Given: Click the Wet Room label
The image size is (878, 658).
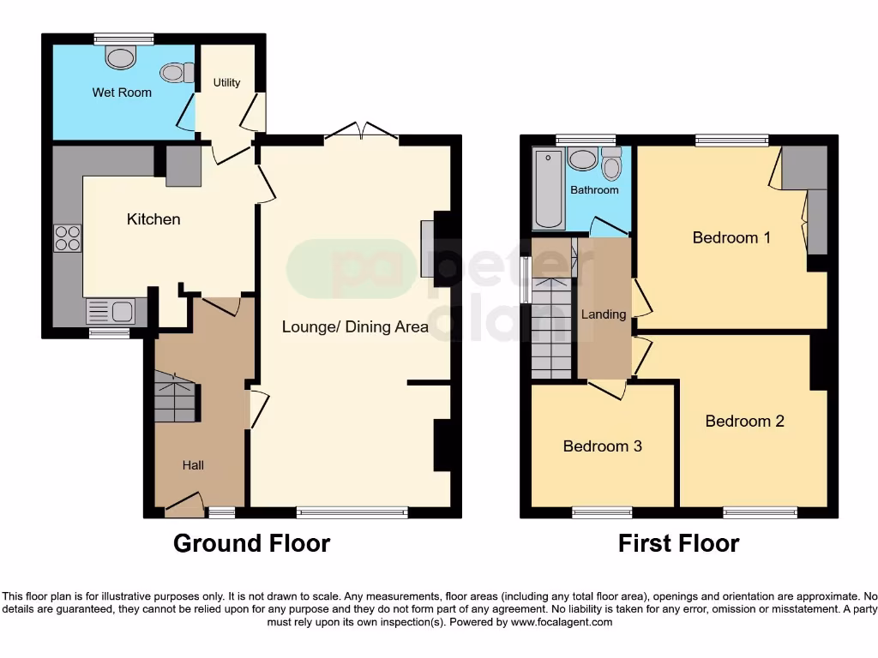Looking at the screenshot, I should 122,93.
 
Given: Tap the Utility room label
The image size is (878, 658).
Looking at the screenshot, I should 226,83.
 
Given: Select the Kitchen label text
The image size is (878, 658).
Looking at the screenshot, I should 153,219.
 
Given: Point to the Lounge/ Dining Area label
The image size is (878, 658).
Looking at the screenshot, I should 355,326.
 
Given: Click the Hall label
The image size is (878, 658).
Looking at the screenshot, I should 193,465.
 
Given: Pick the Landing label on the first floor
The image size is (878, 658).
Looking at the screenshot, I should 604,314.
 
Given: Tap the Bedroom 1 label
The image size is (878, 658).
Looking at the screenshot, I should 731,237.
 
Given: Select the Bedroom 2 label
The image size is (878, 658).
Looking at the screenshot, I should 744,421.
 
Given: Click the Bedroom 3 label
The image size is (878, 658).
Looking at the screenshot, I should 602,446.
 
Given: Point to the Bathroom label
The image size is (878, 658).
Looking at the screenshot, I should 594,190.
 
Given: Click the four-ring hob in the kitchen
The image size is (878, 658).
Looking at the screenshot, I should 68,237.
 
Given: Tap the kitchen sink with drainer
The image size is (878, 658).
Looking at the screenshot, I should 109,311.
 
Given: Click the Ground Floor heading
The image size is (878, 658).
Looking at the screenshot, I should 251,543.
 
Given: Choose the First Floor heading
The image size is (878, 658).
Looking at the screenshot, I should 678,543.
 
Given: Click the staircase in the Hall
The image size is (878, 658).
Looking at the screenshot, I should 176,398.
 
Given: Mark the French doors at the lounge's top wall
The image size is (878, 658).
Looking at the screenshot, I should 362,132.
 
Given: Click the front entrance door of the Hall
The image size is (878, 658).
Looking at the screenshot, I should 183,505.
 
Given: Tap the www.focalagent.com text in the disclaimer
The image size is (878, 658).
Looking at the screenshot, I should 561,623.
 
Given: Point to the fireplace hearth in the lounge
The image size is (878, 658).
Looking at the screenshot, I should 426,249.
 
